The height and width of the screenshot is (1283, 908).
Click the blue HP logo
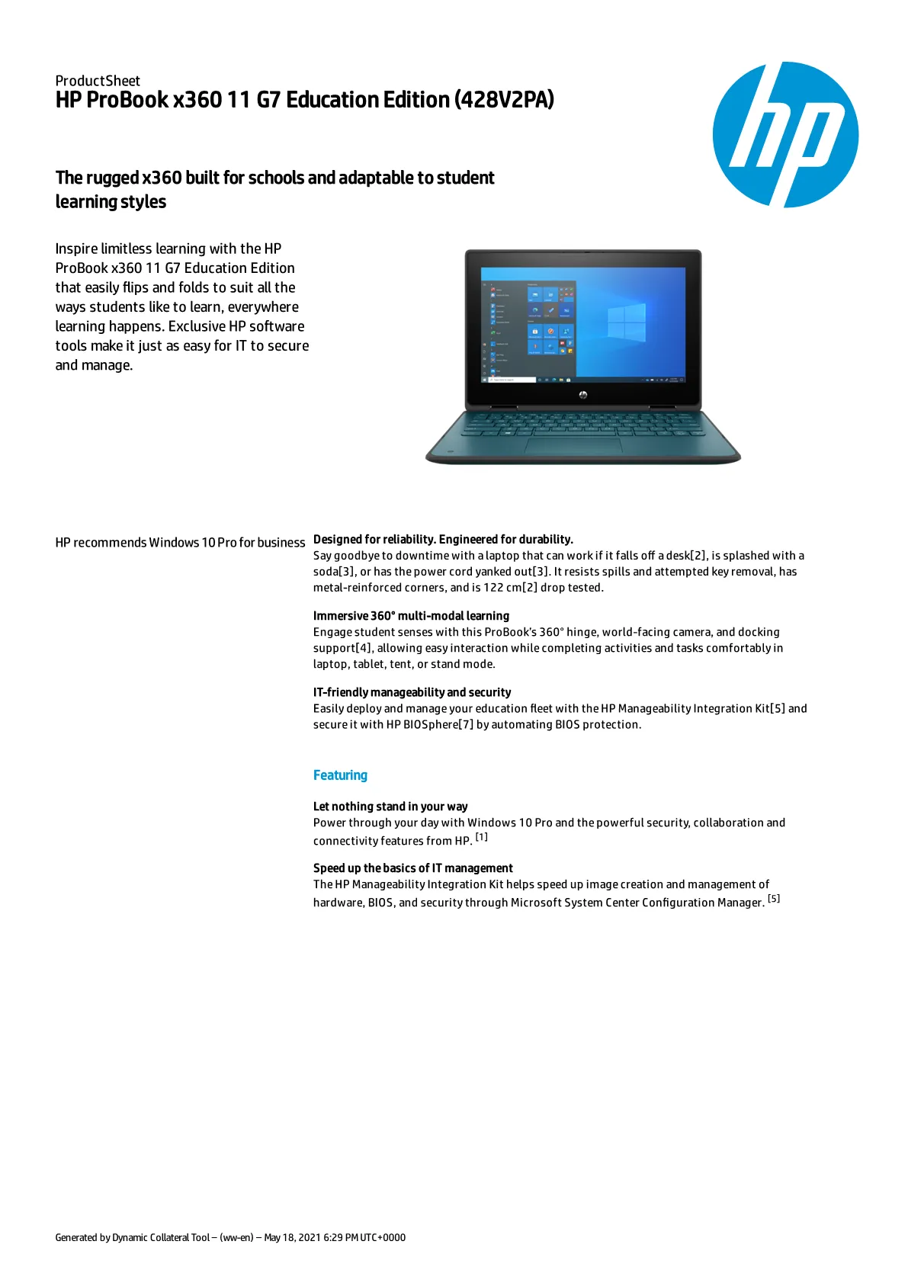coord(785,135)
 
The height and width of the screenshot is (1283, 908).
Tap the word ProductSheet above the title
coord(98,81)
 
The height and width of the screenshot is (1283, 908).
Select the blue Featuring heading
coord(340,775)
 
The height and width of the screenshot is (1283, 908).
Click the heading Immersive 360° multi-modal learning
coord(411,616)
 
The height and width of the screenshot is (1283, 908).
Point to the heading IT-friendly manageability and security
coord(412,692)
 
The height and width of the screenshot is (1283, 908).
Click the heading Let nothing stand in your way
coord(390,807)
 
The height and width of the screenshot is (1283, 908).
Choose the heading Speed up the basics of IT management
coord(412,868)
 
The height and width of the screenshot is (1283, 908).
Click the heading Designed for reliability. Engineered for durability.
coord(443,540)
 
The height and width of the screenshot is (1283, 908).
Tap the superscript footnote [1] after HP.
coord(482,837)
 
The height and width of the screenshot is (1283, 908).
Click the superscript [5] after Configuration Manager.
coord(774,899)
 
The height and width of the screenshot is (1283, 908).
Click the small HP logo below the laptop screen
coord(583,395)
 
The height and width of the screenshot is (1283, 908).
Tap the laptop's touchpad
coord(573,445)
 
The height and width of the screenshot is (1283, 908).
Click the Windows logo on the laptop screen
coord(626,322)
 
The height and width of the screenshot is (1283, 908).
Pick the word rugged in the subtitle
coord(112,178)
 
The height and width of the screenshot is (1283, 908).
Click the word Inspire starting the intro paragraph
coord(76,249)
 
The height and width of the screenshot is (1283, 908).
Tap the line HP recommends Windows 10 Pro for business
coord(180,543)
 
